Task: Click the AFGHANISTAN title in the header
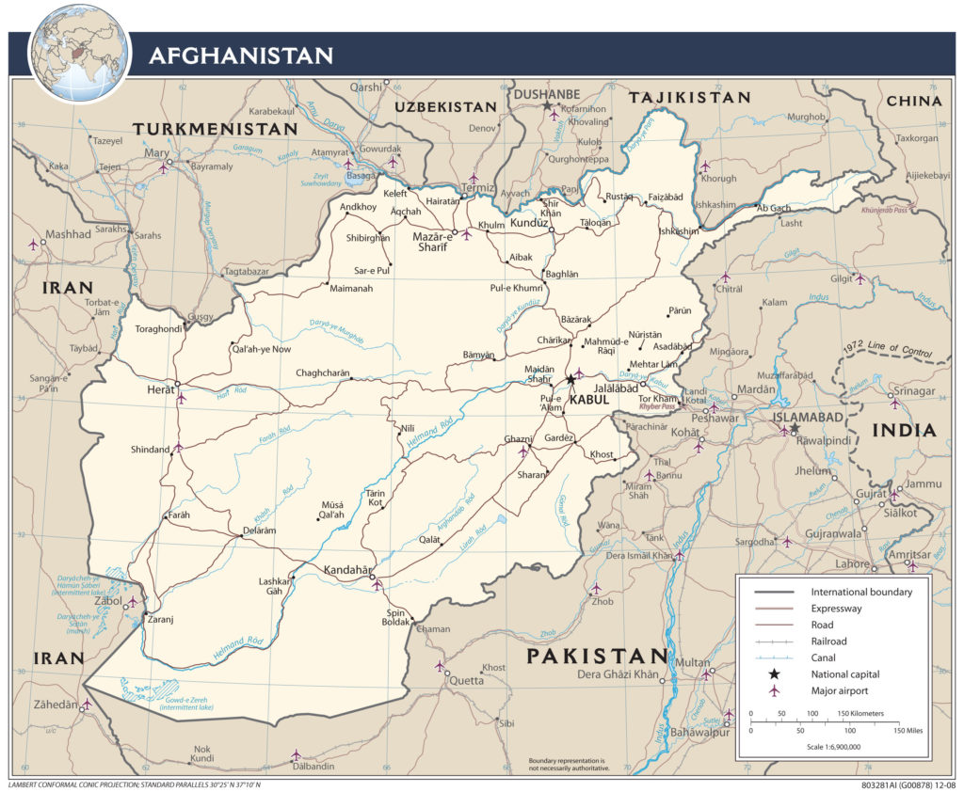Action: click(x=241, y=56)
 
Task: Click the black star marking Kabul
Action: click(x=570, y=380)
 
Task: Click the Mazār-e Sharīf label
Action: click(x=433, y=242)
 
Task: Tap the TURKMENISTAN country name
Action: click(x=215, y=129)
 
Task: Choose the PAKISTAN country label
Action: click(x=597, y=656)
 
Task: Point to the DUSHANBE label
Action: click(x=546, y=94)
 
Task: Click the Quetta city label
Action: click(x=466, y=681)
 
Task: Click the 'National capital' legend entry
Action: click(x=845, y=674)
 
